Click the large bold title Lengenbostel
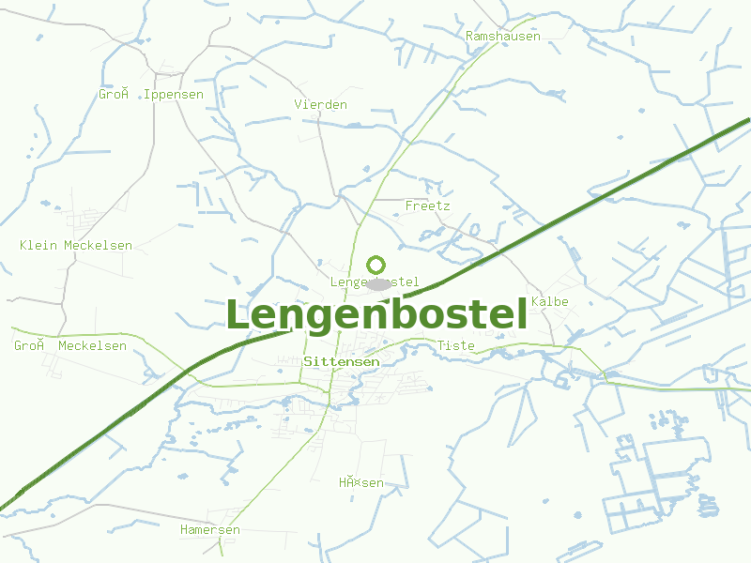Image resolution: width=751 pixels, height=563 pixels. (x=375, y=316)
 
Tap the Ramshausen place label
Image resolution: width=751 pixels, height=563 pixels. (x=503, y=37)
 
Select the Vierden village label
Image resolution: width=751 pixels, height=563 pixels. (x=320, y=104)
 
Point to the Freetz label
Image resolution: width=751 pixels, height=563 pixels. (x=427, y=205)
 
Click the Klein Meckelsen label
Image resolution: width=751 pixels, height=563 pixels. (x=76, y=246)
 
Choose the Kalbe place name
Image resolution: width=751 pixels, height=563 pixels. (x=549, y=302)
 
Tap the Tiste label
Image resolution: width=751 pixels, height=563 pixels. (x=456, y=346)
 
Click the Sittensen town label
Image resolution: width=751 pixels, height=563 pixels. (x=342, y=361)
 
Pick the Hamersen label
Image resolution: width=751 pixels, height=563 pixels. (x=210, y=530)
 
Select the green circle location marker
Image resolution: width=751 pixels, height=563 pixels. (x=376, y=266)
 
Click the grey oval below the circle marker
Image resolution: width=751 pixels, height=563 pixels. (x=378, y=283)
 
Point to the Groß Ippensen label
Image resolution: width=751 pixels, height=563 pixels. (x=151, y=95)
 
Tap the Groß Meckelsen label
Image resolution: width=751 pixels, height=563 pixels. (x=70, y=346)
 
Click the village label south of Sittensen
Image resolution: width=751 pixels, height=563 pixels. (x=361, y=483)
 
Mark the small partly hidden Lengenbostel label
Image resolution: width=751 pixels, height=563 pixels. (x=374, y=282)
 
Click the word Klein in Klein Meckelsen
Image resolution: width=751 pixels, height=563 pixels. (x=38, y=246)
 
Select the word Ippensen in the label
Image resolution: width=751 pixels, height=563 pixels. (x=174, y=95)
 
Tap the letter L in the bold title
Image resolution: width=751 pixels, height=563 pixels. (x=239, y=316)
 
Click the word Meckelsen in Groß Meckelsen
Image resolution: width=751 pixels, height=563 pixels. (x=92, y=346)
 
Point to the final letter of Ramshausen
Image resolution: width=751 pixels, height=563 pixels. (x=537, y=37)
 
